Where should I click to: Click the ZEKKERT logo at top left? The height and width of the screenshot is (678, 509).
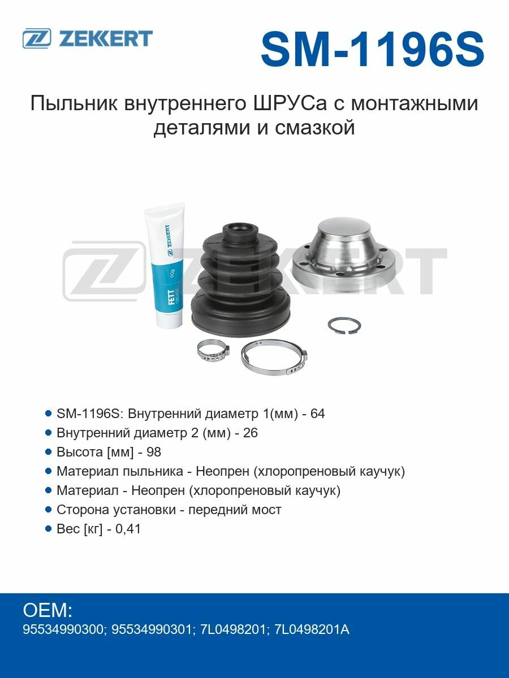pyautogui.click(x=88, y=38)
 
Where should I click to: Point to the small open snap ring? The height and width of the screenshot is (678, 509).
pyautogui.click(x=344, y=325)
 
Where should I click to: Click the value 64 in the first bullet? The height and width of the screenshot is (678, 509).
pyautogui.click(x=318, y=414)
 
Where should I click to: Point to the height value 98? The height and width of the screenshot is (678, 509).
pyautogui.click(x=154, y=452)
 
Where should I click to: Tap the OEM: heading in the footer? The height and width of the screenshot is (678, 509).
pyautogui.click(x=48, y=610)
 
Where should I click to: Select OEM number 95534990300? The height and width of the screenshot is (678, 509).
pyautogui.click(x=62, y=629)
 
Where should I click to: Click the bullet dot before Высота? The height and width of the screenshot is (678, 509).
pyautogui.click(x=48, y=452)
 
